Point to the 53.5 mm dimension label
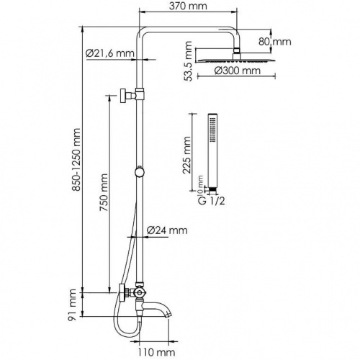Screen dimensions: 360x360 pyautogui.click(x=188, y=65)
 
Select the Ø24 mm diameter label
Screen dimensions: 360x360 pyautogui.click(x=166, y=230)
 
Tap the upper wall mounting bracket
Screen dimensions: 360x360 pyautogui.click(x=131, y=94)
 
